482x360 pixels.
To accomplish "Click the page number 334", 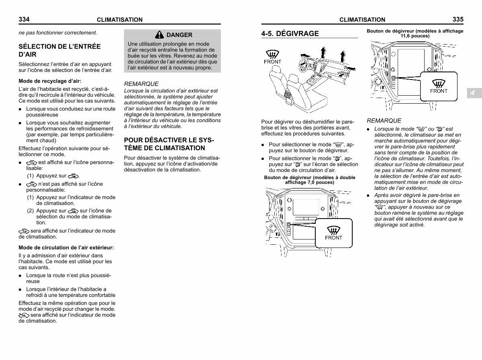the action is (x=24, y=19).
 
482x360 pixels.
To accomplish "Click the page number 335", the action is (x=458, y=19).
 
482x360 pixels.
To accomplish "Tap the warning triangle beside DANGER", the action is (x=159, y=35).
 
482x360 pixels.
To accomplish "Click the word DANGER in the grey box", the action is (x=179, y=35).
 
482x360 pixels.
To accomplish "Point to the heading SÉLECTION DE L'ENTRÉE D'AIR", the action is (x=59, y=50).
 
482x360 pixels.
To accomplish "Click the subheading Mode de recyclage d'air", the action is (x=50, y=81).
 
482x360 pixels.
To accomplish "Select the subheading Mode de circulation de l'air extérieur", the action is (x=66, y=247).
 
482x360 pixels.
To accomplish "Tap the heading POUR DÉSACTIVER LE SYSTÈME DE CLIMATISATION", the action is (x=169, y=144).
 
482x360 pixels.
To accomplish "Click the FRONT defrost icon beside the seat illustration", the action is (x=272, y=57).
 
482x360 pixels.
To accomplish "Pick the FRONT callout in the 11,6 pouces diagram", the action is (x=439, y=86).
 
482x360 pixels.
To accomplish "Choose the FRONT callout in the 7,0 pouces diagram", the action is (x=333, y=233).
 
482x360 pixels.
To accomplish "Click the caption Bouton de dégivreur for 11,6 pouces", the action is (x=415, y=33).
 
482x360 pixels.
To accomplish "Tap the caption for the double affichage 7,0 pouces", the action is (x=310, y=180).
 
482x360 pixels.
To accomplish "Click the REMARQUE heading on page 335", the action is (x=384, y=121).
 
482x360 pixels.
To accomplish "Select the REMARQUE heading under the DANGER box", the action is (x=141, y=84).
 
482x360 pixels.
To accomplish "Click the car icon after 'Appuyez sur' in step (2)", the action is (x=73, y=211).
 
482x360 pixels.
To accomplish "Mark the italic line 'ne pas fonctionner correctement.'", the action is (x=58, y=33).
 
